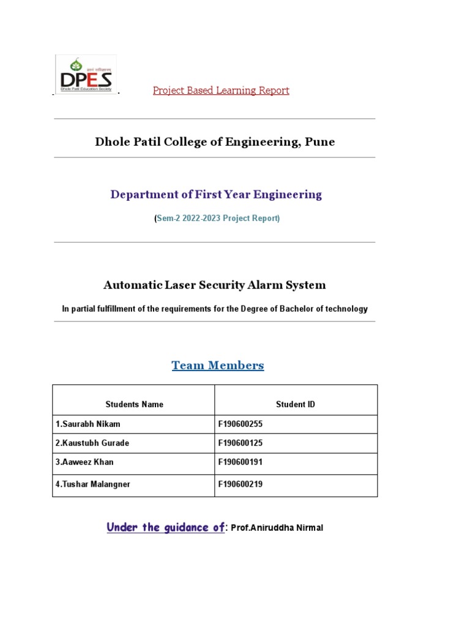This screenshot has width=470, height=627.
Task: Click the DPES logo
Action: point(86,74)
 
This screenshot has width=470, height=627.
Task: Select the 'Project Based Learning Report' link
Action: point(221,91)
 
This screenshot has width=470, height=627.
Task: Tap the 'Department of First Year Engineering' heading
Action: point(216,195)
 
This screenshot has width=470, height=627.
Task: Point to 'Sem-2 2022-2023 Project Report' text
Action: point(217,219)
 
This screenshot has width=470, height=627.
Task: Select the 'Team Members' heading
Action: point(218,366)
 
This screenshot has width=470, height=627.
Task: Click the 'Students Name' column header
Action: point(134,404)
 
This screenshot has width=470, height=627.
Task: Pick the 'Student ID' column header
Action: point(296,404)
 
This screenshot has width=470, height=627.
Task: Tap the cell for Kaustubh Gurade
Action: point(92,443)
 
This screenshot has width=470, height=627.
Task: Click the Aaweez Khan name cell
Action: point(84,462)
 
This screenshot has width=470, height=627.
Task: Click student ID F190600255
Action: point(240,424)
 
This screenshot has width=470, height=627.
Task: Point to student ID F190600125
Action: point(240,443)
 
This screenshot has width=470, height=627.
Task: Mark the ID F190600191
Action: point(240,462)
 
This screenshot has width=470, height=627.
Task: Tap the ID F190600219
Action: point(240,484)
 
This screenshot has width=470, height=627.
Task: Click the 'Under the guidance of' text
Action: point(165,527)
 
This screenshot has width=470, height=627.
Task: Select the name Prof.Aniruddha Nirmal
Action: point(277,528)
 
